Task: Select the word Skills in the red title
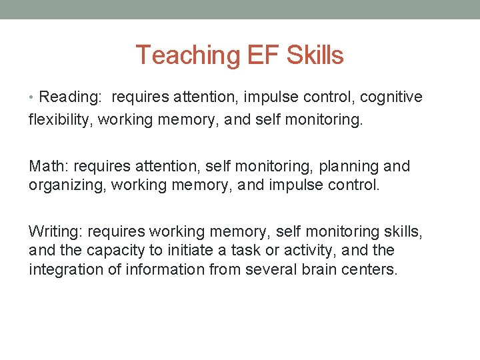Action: point(315,55)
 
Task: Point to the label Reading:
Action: point(71,97)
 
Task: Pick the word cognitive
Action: point(391,97)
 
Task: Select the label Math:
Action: point(49,166)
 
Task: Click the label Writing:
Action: point(55,231)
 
